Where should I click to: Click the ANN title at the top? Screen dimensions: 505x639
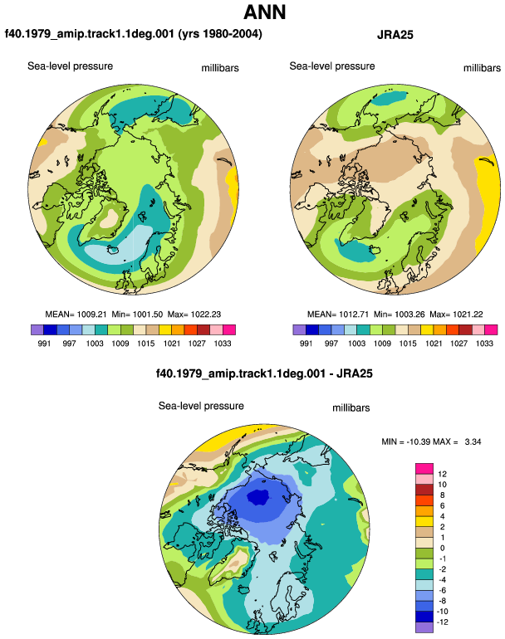(x=264, y=12)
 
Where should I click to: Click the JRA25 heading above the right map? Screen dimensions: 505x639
(x=395, y=35)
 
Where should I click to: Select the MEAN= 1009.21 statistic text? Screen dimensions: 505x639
(x=76, y=315)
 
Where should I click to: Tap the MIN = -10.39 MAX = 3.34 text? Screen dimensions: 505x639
(x=431, y=441)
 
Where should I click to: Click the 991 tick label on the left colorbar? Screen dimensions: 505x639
(x=44, y=344)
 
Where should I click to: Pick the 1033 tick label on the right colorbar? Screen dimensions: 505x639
(x=484, y=344)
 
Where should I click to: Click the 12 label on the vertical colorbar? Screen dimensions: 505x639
(x=442, y=474)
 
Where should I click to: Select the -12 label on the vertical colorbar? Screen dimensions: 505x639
(x=442, y=622)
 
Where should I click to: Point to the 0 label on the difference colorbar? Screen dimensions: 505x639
(x=442, y=548)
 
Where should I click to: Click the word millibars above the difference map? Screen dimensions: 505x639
(x=351, y=408)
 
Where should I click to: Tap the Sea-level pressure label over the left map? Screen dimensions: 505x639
(x=70, y=66)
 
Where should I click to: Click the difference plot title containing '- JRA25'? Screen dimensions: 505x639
(x=264, y=373)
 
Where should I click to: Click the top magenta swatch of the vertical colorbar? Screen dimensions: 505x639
(x=424, y=469)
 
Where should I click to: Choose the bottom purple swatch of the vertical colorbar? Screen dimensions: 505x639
(x=424, y=627)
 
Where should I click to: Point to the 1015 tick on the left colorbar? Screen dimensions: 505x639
(x=145, y=344)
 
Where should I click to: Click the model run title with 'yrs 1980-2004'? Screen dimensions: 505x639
(x=134, y=34)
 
